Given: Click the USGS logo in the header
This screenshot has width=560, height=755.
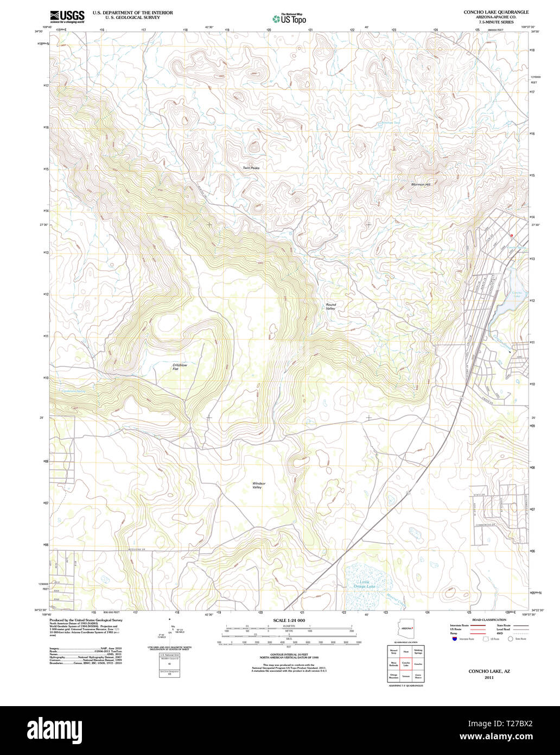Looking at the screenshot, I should click(x=67, y=16).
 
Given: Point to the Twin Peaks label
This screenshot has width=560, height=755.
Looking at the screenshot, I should click(x=251, y=168).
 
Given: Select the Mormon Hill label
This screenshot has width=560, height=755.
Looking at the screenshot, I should click(x=421, y=185).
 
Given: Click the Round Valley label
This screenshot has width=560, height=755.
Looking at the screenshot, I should click(x=330, y=307).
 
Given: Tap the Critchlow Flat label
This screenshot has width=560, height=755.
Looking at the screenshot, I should click(x=179, y=367).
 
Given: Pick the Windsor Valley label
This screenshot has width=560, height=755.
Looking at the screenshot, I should click(x=258, y=485).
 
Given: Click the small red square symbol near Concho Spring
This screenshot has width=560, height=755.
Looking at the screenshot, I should click(x=511, y=235).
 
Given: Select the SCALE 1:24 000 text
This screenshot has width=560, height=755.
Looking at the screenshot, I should click(x=289, y=620).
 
